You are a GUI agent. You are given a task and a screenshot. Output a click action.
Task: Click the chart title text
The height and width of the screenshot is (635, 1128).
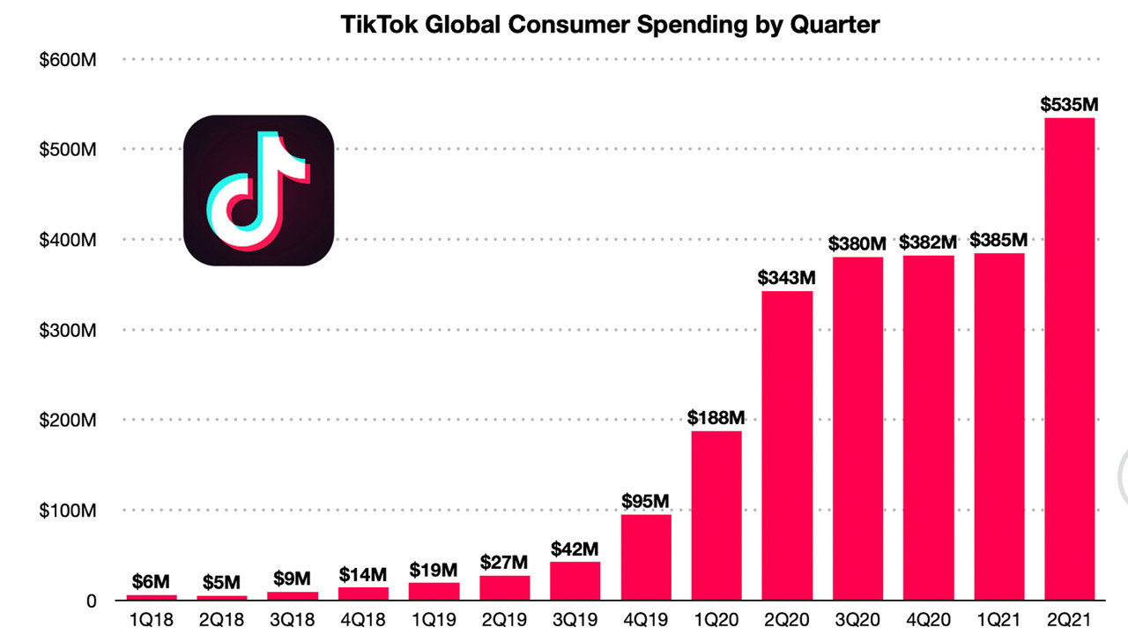(x=610, y=25)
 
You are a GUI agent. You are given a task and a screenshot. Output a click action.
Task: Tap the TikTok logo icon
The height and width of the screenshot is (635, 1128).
(x=258, y=190)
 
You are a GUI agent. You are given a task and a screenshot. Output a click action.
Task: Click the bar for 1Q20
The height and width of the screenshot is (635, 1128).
(x=716, y=515)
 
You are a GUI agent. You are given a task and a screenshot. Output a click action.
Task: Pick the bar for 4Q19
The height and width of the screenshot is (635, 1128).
(x=646, y=557)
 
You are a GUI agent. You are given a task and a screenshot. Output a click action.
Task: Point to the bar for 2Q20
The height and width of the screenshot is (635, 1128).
(x=787, y=445)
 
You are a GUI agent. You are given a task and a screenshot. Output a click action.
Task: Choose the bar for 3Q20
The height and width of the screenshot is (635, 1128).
(x=857, y=429)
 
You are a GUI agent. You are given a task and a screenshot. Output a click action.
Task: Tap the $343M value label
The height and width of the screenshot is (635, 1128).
(x=787, y=278)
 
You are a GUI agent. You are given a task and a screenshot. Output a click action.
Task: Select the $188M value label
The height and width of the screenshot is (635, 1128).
(x=716, y=417)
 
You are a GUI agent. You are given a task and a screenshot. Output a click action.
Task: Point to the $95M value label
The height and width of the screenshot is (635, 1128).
(x=646, y=501)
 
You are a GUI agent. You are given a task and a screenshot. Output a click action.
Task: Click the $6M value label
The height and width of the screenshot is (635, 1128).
(x=152, y=581)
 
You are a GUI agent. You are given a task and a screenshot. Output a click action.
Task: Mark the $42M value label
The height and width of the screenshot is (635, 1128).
(x=575, y=549)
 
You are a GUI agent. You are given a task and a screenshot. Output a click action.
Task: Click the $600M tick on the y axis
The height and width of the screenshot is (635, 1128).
(x=68, y=59)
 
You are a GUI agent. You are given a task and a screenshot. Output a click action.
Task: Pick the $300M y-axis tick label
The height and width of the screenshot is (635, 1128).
(x=68, y=330)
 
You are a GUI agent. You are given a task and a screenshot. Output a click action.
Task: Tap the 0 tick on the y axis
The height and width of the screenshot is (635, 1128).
(x=91, y=601)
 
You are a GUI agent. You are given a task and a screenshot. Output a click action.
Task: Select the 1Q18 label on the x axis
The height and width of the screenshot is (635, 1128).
(x=152, y=621)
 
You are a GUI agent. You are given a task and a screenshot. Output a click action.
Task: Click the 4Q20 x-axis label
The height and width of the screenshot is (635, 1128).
(x=928, y=621)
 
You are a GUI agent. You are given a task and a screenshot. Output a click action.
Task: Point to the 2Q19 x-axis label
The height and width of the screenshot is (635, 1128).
(x=504, y=621)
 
